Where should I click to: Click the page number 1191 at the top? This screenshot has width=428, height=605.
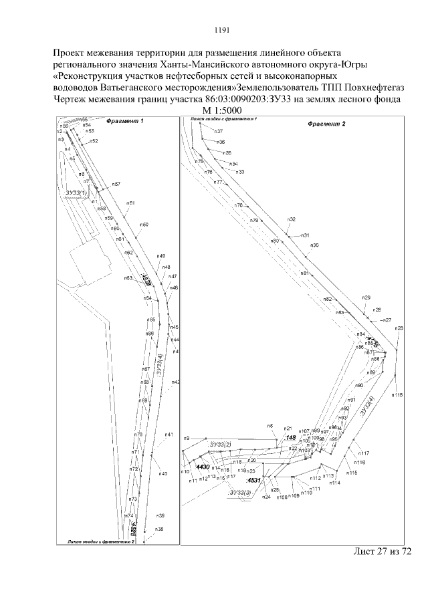(222, 29)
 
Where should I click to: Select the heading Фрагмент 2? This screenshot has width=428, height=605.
(326, 124)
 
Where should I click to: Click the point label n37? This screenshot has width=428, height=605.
(219, 132)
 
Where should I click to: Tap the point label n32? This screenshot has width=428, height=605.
(292, 219)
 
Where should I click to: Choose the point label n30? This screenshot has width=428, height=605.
(315, 245)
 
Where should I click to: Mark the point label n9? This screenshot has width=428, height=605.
(187, 438)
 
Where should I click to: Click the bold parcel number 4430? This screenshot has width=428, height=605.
(203, 467)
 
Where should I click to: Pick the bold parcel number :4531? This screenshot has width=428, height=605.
(253, 480)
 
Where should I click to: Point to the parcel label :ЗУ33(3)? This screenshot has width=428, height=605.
(239, 493)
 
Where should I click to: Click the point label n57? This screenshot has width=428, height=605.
(116, 184)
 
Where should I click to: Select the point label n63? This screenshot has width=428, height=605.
(127, 278)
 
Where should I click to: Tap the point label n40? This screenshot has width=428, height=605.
(163, 473)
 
